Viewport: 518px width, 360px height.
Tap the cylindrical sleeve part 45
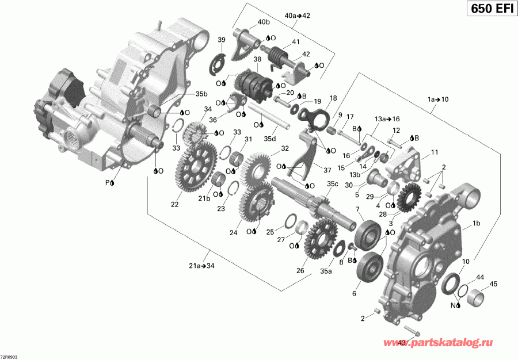(478, 299)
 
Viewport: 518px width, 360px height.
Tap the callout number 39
(221, 40)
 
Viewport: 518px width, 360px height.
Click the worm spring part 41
(280, 56)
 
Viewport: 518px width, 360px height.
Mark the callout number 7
(357, 208)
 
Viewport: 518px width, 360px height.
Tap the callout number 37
(328, 170)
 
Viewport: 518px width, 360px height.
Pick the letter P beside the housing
(106, 182)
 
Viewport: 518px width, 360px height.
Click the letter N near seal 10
(452, 305)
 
